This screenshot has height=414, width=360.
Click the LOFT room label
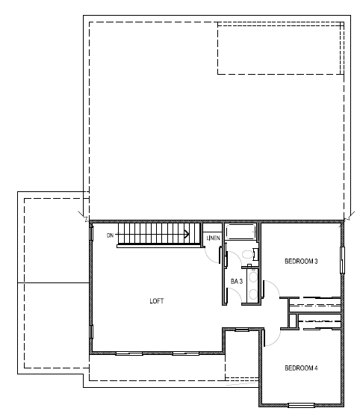tap(156, 301)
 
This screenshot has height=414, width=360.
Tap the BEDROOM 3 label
tap(302, 262)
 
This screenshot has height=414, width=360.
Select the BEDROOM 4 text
tap(302, 368)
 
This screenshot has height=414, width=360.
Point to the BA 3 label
tap(235, 281)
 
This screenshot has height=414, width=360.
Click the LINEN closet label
tap(212, 238)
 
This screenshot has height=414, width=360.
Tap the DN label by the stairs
tap(111, 236)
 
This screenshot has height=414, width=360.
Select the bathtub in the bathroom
tap(241, 232)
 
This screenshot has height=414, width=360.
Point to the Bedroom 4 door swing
tap(270, 337)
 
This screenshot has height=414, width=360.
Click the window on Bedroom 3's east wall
tap(343, 261)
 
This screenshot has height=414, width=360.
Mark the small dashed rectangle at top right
tap(279, 48)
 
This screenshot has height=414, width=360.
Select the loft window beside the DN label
tap(90, 233)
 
